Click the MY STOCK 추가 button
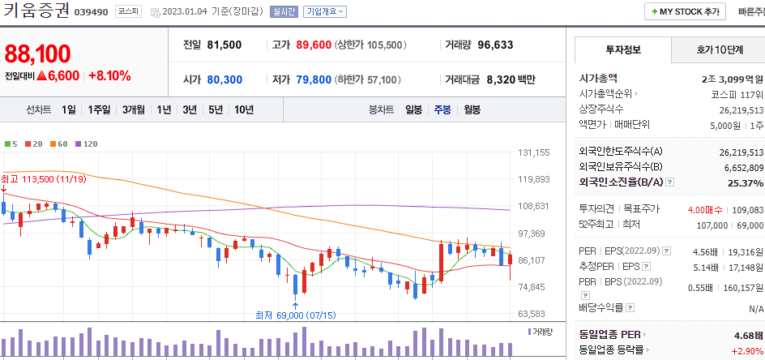click(x=685, y=12)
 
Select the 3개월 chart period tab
click(x=134, y=109)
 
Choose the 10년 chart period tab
click(x=243, y=109)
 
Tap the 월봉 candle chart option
click(x=472, y=109)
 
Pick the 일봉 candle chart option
click(x=413, y=109)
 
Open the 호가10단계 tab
click(x=719, y=50)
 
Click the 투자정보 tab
click(x=622, y=50)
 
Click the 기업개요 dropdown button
click(x=324, y=12)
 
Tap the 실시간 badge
click(x=284, y=12)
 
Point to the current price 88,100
click(x=37, y=54)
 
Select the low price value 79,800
click(x=314, y=79)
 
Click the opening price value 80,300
click(x=224, y=79)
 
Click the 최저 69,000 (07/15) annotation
click(x=295, y=315)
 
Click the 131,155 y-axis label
click(x=533, y=152)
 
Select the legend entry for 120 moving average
click(x=86, y=144)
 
